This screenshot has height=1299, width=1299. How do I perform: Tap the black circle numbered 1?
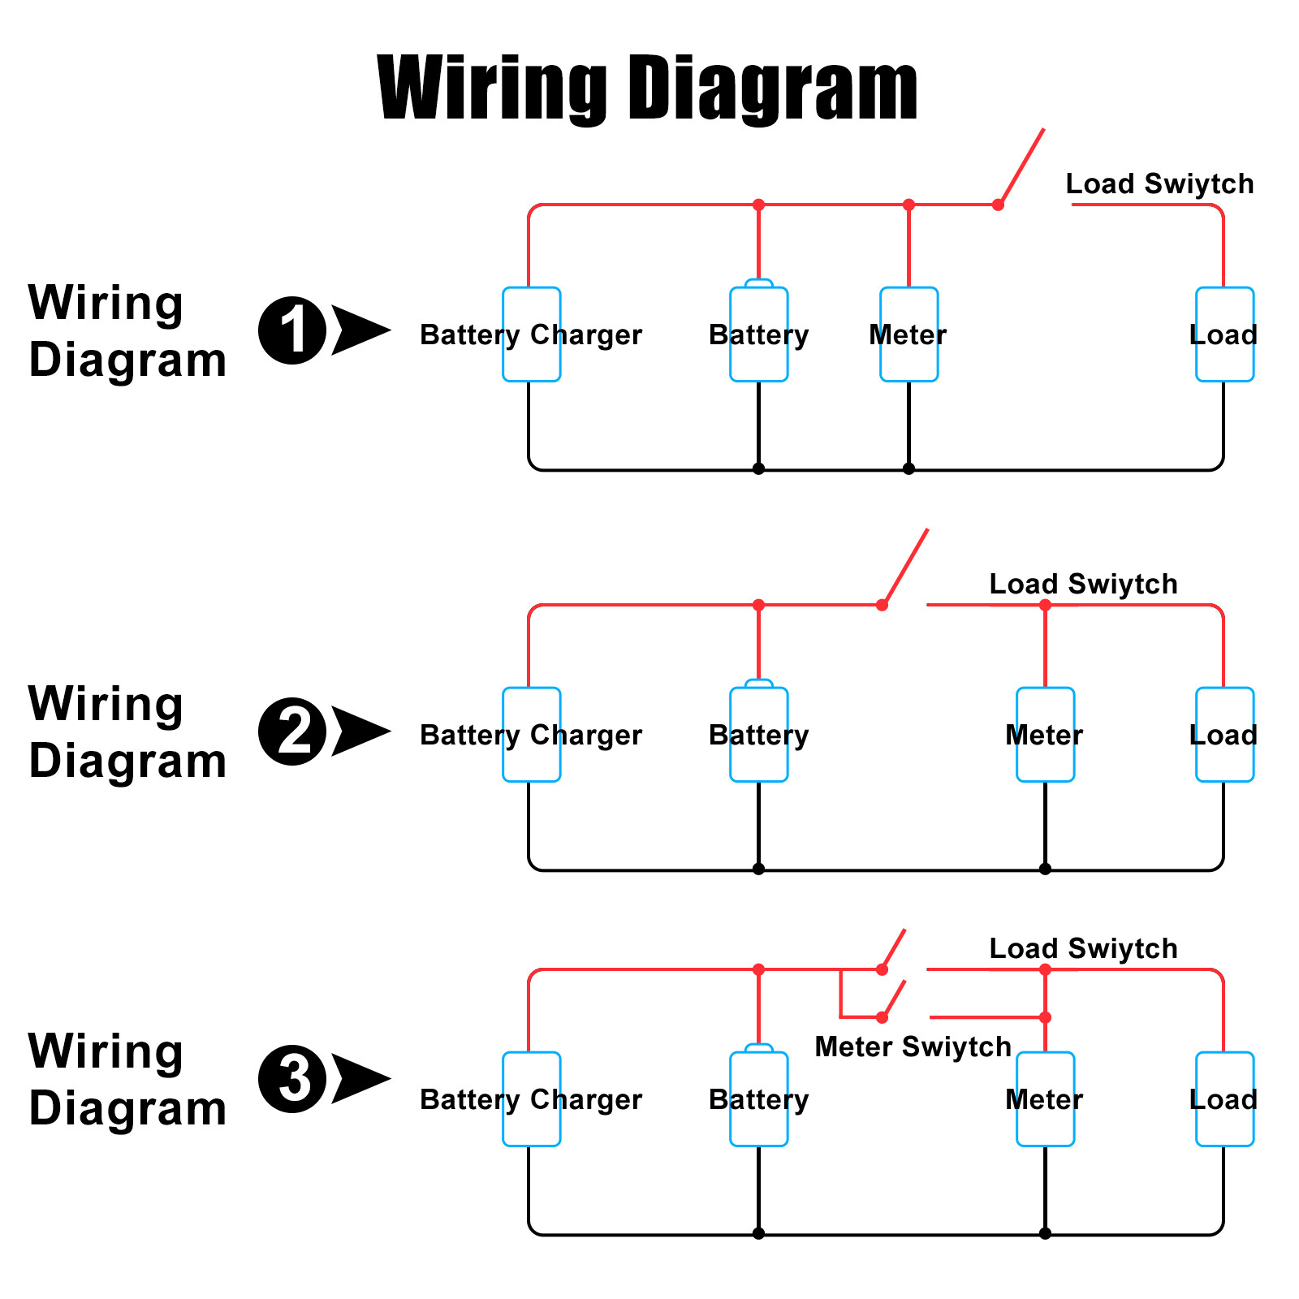[292, 330]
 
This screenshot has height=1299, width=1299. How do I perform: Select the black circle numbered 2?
[292, 731]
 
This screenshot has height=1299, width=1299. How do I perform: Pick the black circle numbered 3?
[292, 1079]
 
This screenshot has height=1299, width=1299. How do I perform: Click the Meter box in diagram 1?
[908, 334]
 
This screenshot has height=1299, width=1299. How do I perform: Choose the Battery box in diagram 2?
[758, 735]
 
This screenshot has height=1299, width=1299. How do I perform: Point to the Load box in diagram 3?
[1224, 1099]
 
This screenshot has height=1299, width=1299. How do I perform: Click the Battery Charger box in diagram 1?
[531, 334]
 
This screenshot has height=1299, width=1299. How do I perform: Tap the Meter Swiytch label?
[913, 1047]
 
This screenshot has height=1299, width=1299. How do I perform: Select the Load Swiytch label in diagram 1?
[1159, 184]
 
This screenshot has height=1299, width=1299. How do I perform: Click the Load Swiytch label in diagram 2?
[1083, 585]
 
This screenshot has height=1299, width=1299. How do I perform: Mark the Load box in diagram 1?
[1224, 334]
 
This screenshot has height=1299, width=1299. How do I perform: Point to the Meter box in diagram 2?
[1045, 735]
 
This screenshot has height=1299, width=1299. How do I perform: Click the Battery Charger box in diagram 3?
[531, 1099]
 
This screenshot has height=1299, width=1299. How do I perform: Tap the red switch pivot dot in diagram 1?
[998, 205]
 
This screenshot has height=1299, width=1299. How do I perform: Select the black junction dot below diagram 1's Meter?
[908, 468]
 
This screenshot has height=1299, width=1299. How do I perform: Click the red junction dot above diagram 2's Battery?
[758, 605]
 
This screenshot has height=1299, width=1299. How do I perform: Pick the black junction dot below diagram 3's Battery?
[758, 1233]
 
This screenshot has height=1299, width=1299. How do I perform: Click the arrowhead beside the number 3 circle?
[360, 1079]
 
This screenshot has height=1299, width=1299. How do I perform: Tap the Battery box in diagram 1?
[758, 334]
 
